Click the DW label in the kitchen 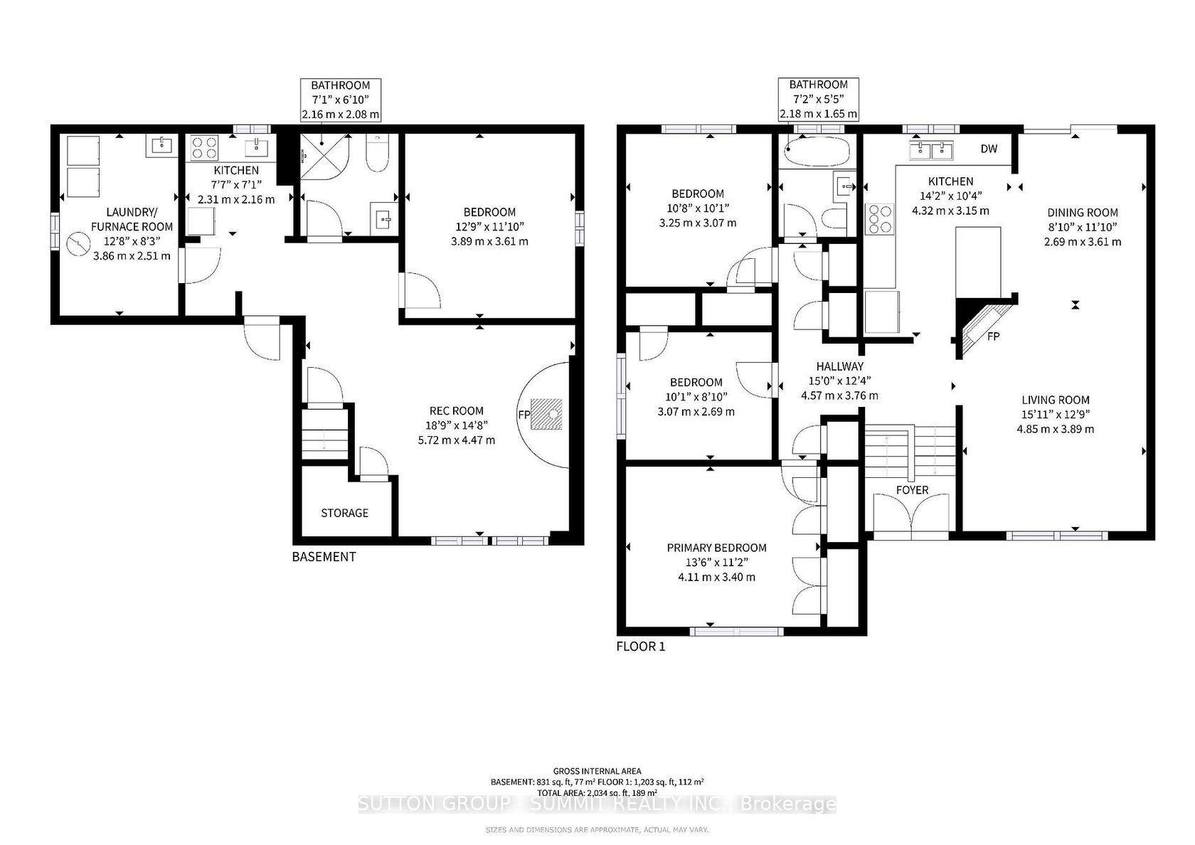989,149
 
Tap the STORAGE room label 344,514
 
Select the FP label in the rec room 524,415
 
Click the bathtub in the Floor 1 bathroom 817,152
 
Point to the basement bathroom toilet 378,153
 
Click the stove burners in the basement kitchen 205,148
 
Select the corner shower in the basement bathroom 324,156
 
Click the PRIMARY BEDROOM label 716,548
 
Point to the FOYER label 912,489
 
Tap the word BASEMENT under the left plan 324,557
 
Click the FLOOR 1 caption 641,647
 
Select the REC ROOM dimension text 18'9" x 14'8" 456,425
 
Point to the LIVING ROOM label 1056,400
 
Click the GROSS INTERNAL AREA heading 597,771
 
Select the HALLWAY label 839,366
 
